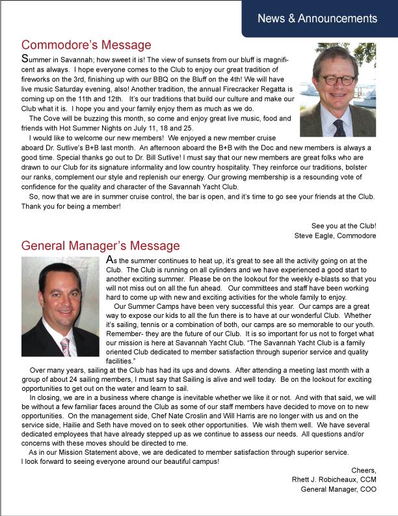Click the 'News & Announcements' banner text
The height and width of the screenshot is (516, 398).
coord(317,18)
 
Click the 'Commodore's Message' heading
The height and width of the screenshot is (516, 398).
coord(86,45)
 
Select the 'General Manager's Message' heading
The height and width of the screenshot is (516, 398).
coord(100,246)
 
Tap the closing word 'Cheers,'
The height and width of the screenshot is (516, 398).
coord(364,470)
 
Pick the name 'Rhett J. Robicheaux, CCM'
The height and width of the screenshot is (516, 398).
coord(334,480)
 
